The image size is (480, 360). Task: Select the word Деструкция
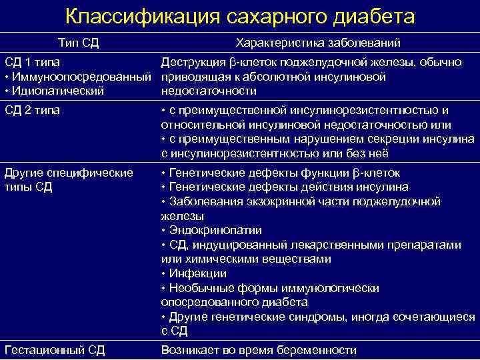tap(191, 63)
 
